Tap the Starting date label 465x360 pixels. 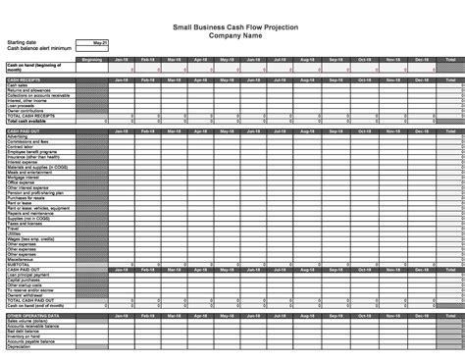tap(22, 43)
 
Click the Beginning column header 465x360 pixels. tap(92, 60)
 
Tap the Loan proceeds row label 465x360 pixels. tap(21, 105)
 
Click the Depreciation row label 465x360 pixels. tap(19, 345)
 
